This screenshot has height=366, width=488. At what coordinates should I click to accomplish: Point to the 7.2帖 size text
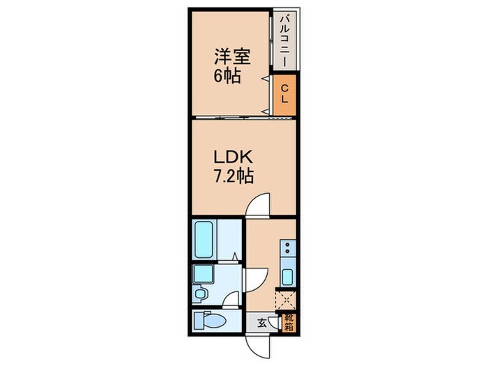click(231, 176)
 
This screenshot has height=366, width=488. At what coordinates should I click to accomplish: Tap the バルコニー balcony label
click(283, 40)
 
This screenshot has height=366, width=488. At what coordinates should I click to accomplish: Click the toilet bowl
click(215, 321)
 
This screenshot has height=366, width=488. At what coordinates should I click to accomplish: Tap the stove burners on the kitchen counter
click(286, 250)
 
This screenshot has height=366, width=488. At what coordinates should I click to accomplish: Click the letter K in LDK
click(243, 158)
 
